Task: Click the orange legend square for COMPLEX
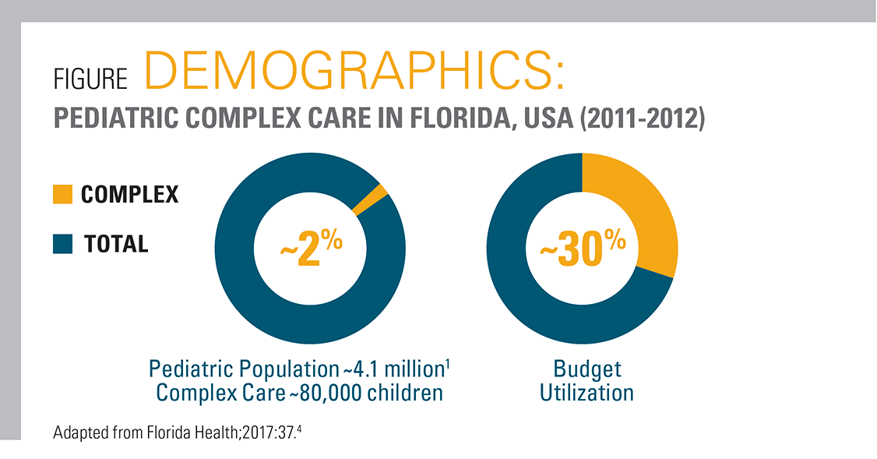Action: (62, 194)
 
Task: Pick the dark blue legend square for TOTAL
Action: (62, 244)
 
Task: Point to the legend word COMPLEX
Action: (129, 194)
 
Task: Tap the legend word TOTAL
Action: (116, 244)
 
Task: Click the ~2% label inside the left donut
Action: (311, 248)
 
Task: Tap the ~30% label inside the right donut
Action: (583, 248)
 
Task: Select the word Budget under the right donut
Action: (587, 368)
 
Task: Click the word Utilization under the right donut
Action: (587, 392)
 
